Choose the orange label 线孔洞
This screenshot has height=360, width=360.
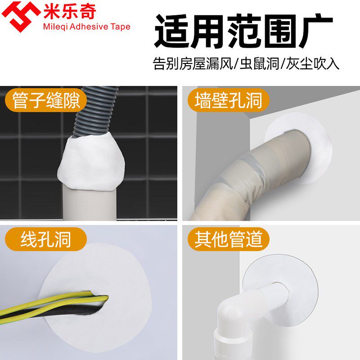click(45, 239)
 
